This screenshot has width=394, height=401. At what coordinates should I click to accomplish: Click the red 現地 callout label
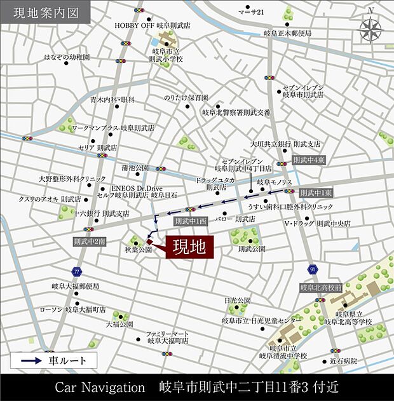[189, 248]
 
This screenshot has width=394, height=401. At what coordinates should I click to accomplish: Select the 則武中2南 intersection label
[89, 241]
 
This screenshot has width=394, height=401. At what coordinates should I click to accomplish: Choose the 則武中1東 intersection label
[316, 192]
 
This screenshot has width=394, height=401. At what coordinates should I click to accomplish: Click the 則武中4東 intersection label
[309, 161]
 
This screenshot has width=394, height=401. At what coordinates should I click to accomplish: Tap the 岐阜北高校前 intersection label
[321, 288]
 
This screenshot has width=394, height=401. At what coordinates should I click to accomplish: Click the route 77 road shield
[77, 271]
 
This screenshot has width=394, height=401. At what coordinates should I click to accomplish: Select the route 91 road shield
[313, 269]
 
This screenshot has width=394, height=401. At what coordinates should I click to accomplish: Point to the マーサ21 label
[250, 12]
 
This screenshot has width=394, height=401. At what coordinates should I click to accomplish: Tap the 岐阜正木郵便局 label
[287, 33]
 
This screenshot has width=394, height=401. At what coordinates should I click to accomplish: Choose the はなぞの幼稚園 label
[67, 57]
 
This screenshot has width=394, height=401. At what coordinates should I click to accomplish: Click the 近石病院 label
[344, 361]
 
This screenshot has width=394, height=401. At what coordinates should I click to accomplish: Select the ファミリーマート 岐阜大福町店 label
[166, 337]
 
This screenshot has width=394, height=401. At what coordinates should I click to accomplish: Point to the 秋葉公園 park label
[138, 250]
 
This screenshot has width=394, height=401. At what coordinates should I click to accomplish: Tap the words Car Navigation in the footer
[101, 387]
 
